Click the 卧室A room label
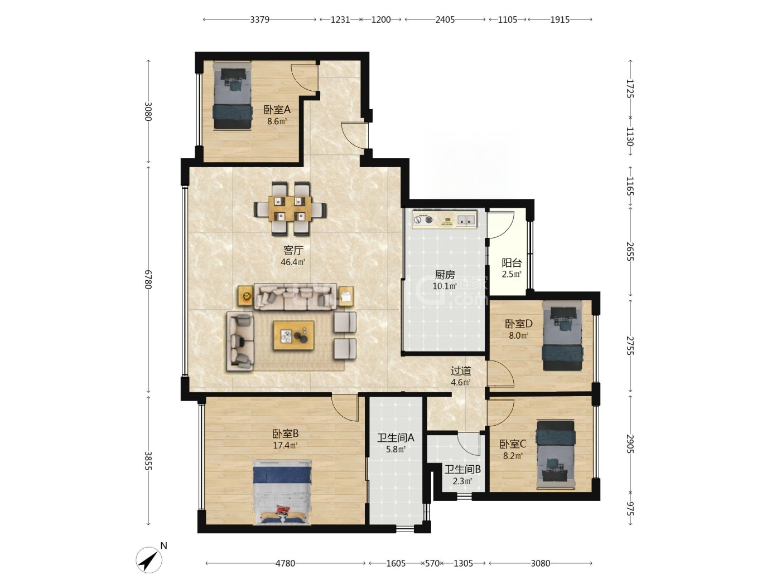pos(277,109)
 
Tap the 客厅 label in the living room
pos(293,250)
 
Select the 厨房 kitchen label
pos(445,275)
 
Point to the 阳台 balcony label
pos(512,263)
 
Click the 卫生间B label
pos(462,470)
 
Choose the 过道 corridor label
pos(461,371)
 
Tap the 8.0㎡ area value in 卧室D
pos(518,335)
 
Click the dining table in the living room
pos(290,209)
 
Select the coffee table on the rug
pos(293,335)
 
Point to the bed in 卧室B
pos(282,492)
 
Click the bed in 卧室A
pos(232,96)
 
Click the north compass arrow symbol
pos(149,560)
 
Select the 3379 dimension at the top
pos(259,19)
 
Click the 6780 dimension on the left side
pos(148,280)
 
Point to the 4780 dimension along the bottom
pos(286,563)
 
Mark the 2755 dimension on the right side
pos(630,345)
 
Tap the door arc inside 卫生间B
pos(469,445)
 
